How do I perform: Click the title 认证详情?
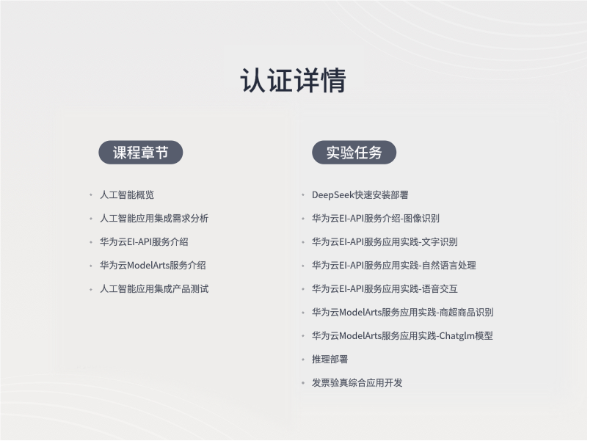click(293, 81)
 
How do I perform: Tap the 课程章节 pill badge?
click(141, 153)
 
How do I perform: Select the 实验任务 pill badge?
click(354, 153)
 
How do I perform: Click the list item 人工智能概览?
click(127, 194)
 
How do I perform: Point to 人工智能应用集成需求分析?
click(154, 218)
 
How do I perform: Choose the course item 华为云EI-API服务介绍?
click(144, 241)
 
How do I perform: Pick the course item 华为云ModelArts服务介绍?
click(153, 265)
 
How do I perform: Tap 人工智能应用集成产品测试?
click(154, 289)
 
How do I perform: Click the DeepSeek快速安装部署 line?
click(360, 194)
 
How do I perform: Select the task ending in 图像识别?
click(376, 218)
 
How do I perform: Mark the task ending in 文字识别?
click(385, 241)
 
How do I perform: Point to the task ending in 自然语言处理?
click(393, 265)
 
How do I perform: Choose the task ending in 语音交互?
click(385, 289)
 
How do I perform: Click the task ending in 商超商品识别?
click(402, 313)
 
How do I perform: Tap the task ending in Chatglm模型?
click(402, 336)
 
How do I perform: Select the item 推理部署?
click(330, 360)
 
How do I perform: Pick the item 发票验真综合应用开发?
click(357, 383)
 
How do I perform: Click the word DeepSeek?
click(332, 195)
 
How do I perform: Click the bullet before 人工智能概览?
click(91, 194)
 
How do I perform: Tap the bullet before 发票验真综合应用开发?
click(303, 383)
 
